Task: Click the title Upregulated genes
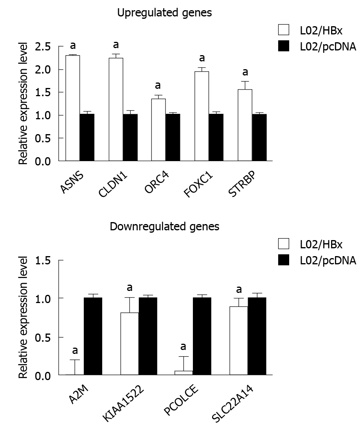[165, 13]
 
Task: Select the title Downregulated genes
[164, 226]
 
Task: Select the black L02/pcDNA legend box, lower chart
[283, 260]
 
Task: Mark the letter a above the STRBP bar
[245, 72]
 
